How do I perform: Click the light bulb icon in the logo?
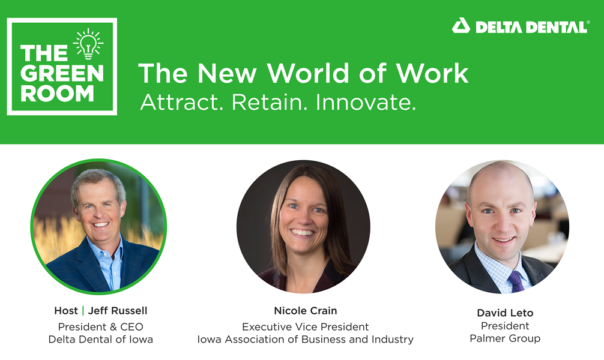88,44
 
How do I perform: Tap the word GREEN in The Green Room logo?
62,73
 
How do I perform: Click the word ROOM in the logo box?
57,94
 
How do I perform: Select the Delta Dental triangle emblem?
461,26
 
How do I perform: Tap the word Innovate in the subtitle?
366,103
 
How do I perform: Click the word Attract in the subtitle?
181,103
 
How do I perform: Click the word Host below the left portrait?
66,311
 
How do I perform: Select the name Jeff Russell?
118,311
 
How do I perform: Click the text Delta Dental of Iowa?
100,339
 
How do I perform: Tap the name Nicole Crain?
306,311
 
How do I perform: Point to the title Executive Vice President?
306,327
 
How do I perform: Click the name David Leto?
505,313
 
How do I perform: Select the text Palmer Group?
505,338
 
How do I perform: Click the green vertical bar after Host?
83,311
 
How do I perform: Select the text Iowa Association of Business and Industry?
306,339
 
